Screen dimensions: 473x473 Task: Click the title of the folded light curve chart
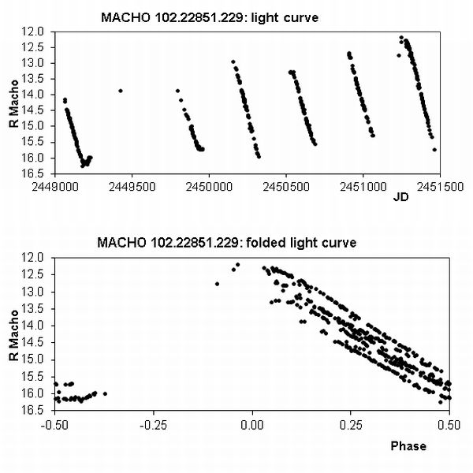[226, 242]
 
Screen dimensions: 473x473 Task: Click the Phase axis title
[408, 446]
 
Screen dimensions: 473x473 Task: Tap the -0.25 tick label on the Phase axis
[154, 423]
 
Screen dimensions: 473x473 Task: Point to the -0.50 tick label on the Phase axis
[55, 423]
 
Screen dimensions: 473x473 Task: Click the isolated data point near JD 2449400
[121, 91]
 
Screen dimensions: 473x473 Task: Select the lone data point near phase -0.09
[217, 283]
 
